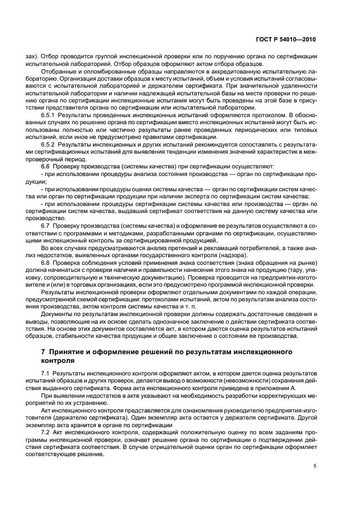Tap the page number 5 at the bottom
click(315, 466)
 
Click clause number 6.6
click(46, 166)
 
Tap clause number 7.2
click(46, 422)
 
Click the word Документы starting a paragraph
click(57, 315)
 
